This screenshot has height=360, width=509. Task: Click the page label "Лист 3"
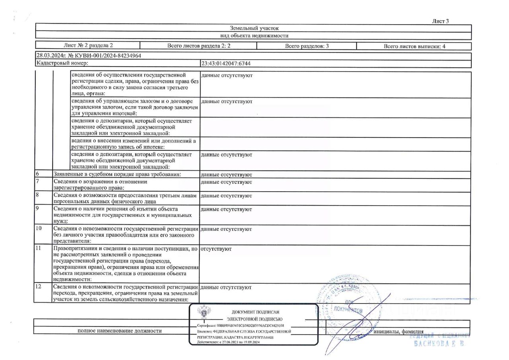click(x=440, y=21)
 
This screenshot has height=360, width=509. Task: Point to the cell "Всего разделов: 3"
click(x=307, y=46)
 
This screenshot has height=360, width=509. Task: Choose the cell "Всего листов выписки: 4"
click(x=414, y=46)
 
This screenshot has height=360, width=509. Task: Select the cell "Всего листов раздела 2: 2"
click(x=199, y=46)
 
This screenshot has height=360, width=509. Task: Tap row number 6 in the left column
click(x=37, y=174)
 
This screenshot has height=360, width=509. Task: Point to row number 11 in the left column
click(x=38, y=249)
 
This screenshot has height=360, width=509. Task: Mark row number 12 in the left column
click(x=38, y=287)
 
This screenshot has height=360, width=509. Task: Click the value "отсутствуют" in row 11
click(x=216, y=249)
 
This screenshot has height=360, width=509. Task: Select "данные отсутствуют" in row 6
click(x=226, y=175)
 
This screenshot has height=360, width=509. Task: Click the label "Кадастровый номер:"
click(x=62, y=63)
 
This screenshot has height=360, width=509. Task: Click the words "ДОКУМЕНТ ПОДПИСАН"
click(x=255, y=312)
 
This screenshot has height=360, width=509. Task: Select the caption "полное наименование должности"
click(x=120, y=331)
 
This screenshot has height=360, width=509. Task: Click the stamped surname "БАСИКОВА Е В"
click(x=439, y=343)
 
